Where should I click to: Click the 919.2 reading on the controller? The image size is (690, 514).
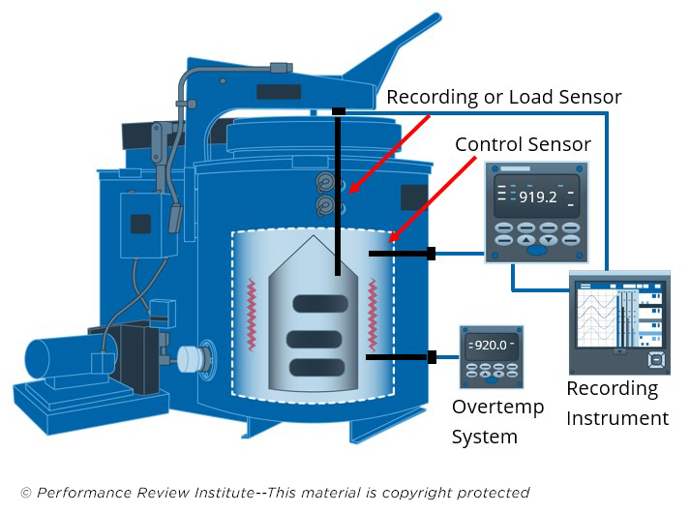tap(536, 196)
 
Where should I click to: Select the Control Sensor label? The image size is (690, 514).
tap(523, 144)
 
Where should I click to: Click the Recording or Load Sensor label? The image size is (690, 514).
tap(503, 97)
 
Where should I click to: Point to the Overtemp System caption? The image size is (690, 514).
tap(497, 421)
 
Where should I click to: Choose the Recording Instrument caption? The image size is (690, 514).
tap(616, 403)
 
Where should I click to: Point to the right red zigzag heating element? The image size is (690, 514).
tap(375, 315)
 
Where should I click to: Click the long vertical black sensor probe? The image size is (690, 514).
tap(338, 194)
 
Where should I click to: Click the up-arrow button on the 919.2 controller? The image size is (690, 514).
tap(525, 239)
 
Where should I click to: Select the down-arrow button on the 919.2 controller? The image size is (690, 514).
tap(548, 239)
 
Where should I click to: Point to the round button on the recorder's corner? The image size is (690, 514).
tap(656, 359)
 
